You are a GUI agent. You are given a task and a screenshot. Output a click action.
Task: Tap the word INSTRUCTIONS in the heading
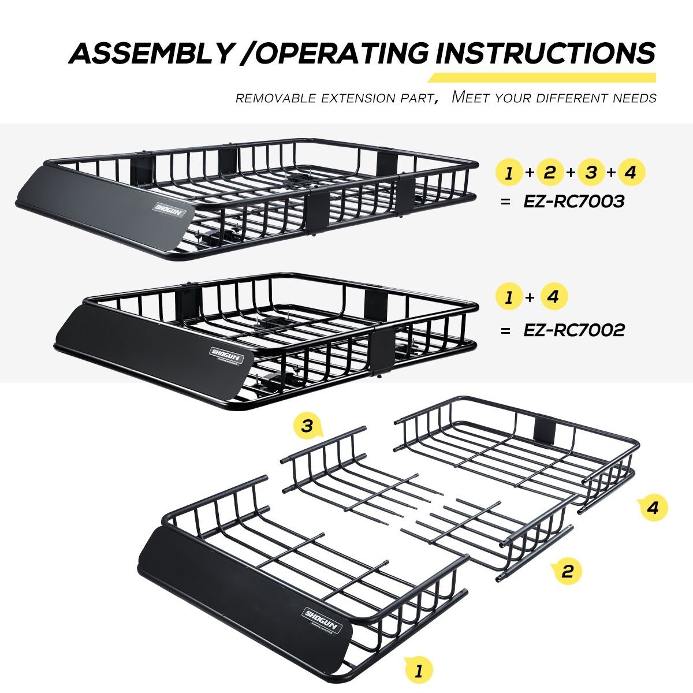click(x=545, y=53)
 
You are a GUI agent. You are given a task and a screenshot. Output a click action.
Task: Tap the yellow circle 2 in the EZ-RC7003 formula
click(x=550, y=173)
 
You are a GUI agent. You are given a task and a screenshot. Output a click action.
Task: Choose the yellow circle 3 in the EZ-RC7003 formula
click(x=590, y=173)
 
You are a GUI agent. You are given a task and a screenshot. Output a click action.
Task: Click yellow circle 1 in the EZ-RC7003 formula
click(x=509, y=173)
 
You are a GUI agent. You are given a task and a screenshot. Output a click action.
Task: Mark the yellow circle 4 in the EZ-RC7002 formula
click(x=553, y=297)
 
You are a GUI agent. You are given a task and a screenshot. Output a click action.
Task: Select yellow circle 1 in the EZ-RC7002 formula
click(x=509, y=297)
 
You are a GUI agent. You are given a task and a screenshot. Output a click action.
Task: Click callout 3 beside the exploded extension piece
click(x=307, y=427)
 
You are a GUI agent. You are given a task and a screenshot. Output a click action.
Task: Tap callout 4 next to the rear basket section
click(x=653, y=508)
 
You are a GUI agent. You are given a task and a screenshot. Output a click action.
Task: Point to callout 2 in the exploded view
click(x=567, y=571)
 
